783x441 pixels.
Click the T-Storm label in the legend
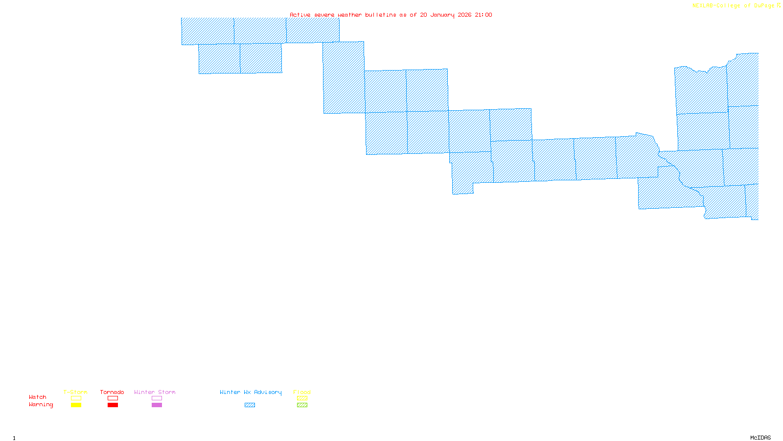pos(75,392)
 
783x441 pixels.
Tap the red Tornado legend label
pos(112,392)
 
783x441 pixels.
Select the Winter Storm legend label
pos(155,392)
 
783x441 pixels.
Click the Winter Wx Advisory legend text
pos(251,392)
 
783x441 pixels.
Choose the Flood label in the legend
pos(302,392)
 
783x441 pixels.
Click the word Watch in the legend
pos(38,397)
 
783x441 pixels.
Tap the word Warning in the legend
pos(41,405)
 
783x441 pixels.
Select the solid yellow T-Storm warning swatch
pos(76,405)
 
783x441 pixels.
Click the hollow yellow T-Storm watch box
pos(76,398)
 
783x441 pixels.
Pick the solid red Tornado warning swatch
pos(113,405)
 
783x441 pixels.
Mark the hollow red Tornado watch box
pos(113,398)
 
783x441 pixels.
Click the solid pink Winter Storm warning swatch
pos(157,405)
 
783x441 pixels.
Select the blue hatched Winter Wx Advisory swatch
pos(250,405)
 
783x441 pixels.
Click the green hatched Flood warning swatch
pos(302,405)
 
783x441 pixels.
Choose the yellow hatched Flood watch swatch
pos(302,398)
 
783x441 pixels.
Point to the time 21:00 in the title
pos(484,15)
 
